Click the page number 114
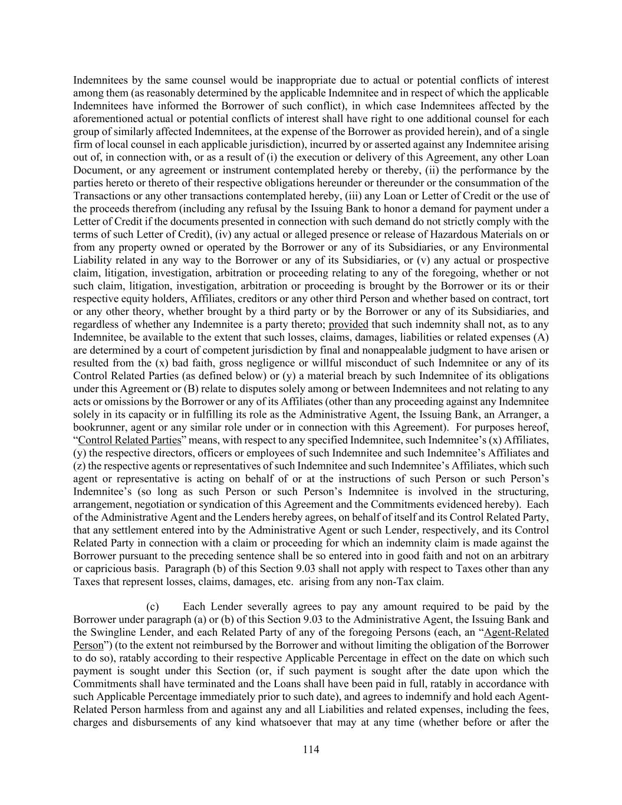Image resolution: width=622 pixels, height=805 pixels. point(311,750)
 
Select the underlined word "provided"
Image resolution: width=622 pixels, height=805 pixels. point(348,324)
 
